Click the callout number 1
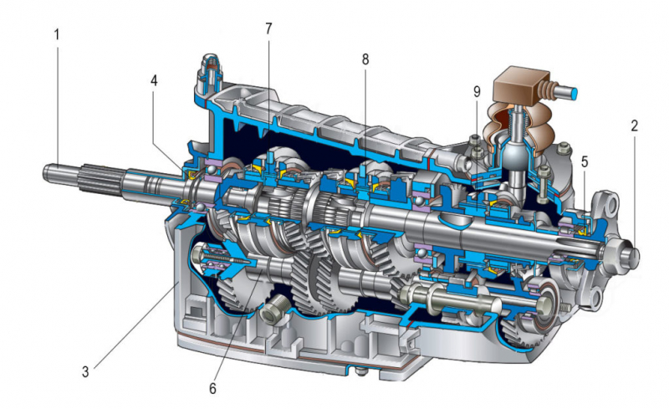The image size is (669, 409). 57,34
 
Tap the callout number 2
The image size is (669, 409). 635,125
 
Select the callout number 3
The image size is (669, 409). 86,372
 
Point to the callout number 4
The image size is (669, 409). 154,80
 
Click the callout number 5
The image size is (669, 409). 585,161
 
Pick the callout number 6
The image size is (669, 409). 212,388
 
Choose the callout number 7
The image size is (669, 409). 268,28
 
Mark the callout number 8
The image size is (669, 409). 365,59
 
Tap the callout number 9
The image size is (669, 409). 477,91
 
